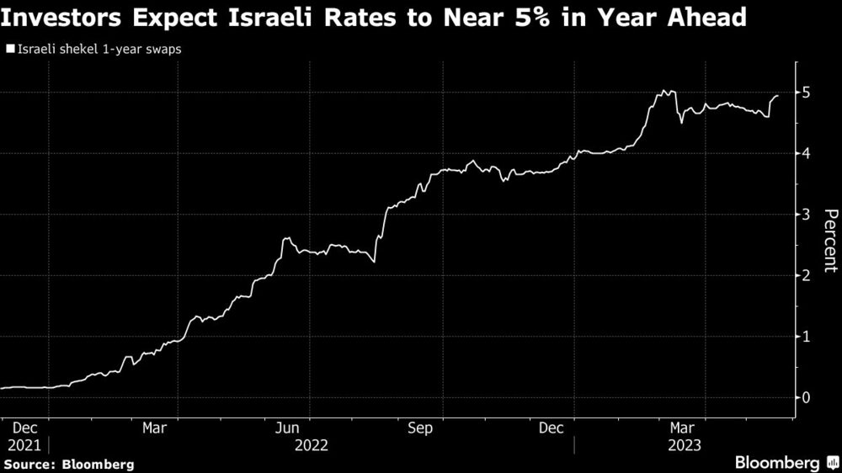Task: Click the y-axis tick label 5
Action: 806,92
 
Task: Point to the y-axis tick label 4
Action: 806,153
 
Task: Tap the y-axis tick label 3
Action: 806,214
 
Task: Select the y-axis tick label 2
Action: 806,275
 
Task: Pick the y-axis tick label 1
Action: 806,336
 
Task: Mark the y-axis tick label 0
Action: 806,397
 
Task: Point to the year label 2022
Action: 311,444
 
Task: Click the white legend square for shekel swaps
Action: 10,49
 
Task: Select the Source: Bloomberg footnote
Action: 69,464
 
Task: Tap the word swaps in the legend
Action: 163,49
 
